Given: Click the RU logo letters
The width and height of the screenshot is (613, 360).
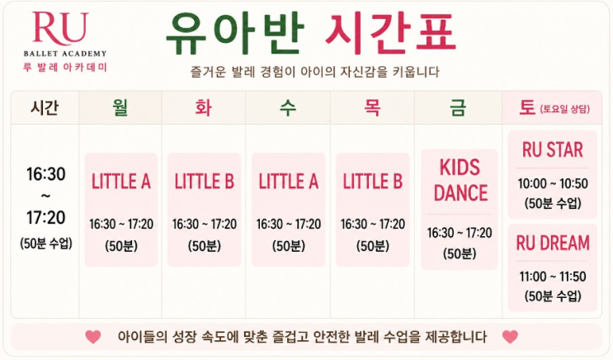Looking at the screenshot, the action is coord(60,28).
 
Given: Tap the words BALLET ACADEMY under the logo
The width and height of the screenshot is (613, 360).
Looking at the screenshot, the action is coord(65,54).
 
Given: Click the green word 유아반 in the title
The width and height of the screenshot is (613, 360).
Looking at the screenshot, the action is coord(235,34).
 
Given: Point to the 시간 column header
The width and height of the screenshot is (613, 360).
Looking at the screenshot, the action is coord(45,107).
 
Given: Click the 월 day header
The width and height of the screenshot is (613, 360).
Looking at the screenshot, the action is coord(120,107).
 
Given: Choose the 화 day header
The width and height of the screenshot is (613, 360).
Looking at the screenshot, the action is coord(203,107).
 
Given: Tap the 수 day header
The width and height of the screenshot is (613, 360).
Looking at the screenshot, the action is coord(288,107).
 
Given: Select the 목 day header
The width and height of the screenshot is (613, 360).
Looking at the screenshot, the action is coord(372,107).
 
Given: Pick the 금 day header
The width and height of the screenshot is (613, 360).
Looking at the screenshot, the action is coord(458,107).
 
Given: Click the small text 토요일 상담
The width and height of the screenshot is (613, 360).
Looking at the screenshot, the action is coord(565,109).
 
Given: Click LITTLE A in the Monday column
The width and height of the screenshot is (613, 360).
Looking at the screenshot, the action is coord(121,182).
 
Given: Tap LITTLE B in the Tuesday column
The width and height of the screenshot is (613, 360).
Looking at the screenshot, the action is coord(204,182).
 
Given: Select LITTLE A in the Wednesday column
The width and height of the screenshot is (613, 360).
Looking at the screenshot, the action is coord(289,182).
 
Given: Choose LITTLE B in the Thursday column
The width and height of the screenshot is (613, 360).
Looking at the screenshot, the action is coord(373,182).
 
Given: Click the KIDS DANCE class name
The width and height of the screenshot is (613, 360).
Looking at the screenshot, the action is coord(460,180).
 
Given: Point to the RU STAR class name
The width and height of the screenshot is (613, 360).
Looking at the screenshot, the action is coord(553,150).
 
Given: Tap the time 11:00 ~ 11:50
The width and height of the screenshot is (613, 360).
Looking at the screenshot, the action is coord(553,277).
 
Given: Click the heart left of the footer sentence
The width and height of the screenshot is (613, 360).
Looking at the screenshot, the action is coord(93,337).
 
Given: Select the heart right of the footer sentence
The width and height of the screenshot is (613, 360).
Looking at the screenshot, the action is coord(510,337).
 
